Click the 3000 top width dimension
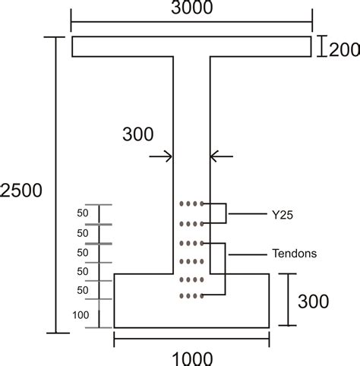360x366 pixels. click(191, 9)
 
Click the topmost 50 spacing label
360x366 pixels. click(83, 213)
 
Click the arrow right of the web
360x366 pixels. click(221, 156)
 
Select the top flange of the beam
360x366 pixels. click(191, 46)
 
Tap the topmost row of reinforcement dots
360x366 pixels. click(191, 204)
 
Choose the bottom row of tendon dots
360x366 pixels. click(191, 295)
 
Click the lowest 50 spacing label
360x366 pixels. click(83, 289)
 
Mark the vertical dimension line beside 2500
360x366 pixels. click(55, 182)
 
